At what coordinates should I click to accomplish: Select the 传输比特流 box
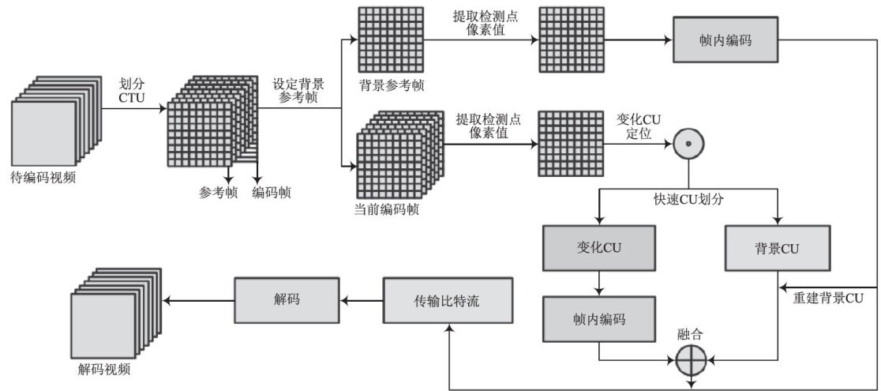(x=448, y=300)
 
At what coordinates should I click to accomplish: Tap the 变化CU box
(x=600, y=249)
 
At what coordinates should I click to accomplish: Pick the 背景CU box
(x=778, y=249)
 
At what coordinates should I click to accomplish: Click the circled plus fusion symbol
(x=691, y=361)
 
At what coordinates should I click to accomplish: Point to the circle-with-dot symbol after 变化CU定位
(x=688, y=144)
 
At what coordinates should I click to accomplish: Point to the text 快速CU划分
(x=689, y=199)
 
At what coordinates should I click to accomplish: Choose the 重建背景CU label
(x=827, y=298)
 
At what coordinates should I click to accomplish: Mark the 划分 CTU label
(x=132, y=89)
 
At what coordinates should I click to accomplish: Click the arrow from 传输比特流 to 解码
(x=362, y=300)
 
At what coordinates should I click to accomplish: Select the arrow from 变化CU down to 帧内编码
(x=600, y=283)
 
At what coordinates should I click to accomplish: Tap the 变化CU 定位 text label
(x=639, y=126)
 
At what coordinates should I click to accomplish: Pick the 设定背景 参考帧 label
(x=298, y=89)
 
